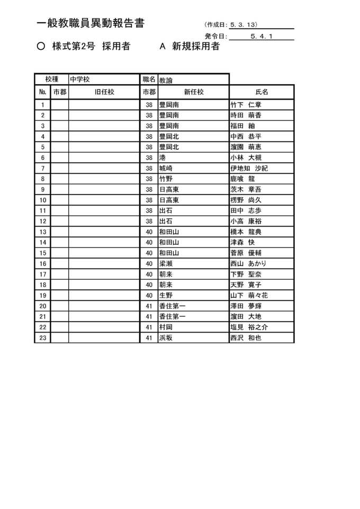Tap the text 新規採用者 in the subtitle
click(196, 47)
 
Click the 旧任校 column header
click(104, 92)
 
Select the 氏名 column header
click(262, 92)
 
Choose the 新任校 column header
click(193, 92)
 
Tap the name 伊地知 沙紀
click(249, 168)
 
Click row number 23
click(42, 337)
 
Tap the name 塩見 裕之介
click(249, 327)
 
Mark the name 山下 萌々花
click(249, 295)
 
